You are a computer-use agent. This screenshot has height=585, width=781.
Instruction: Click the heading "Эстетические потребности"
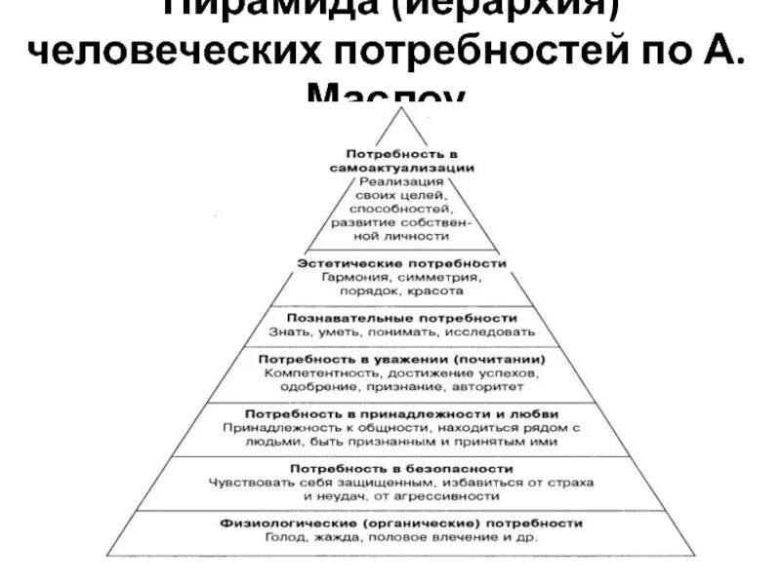tap(401, 263)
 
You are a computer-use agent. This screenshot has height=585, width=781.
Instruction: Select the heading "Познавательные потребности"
tap(401, 318)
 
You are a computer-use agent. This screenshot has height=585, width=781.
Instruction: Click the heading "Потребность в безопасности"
tap(401, 469)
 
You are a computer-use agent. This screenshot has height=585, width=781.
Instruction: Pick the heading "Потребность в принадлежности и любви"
tap(401, 413)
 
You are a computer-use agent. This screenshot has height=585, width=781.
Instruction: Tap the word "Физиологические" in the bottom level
tap(277, 524)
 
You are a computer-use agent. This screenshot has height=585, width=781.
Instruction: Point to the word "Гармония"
tap(355, 277)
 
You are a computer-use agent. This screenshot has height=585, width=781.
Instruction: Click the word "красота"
tap(438, 291)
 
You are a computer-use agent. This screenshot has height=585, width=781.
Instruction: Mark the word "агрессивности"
tap(452, 496)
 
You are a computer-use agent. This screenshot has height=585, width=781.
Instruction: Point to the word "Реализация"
tap(401, 181)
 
